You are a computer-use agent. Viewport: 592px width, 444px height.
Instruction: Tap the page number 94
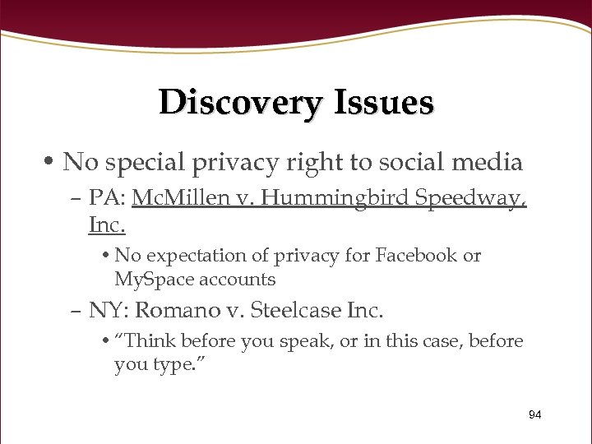pos(535,414)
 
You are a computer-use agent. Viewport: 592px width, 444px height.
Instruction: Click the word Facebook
pos(417,255)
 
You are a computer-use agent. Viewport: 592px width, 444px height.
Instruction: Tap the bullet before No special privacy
pos(51,162)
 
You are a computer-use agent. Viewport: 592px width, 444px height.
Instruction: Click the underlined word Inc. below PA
pos(107,223)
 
